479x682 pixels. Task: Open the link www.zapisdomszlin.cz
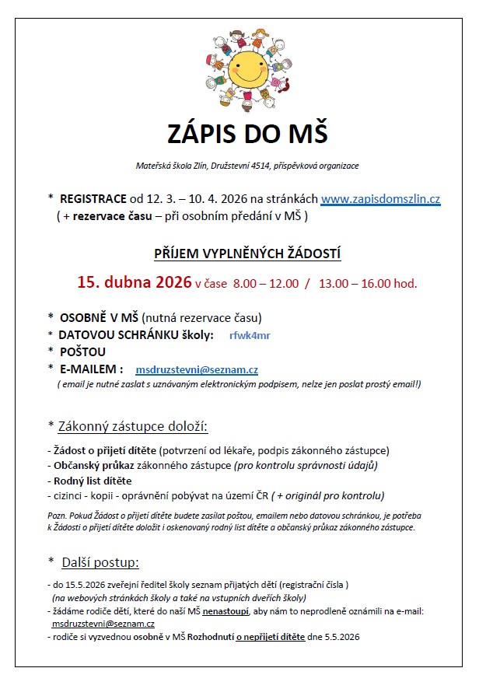click(380, 199)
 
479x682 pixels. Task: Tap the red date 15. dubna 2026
click(134, 282)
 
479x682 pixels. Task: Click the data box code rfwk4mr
click(250, 335)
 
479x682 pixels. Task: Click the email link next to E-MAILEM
click(197, 369)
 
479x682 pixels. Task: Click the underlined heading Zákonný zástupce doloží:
click(134, 427)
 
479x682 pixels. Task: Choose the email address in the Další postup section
click(103, 624)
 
